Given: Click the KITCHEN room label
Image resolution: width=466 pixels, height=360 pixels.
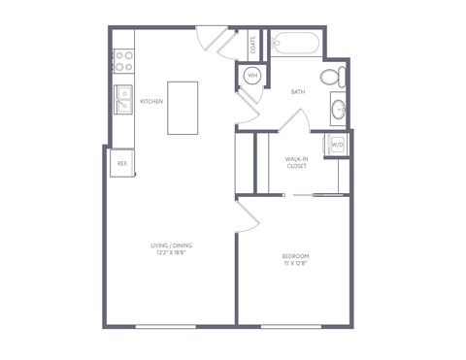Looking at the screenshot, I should (x=151, y=102).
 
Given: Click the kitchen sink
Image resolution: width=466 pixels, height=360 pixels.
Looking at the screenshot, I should (x=124, y=99).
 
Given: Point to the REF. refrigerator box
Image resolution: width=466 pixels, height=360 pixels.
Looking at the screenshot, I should (x=122, y=163).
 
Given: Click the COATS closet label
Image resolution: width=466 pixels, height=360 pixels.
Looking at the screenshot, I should (x=253, y=45).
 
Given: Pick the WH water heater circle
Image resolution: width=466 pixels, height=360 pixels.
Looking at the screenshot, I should (x=251, y=76).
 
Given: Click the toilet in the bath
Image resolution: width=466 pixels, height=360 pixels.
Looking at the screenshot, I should (x=330, y=77).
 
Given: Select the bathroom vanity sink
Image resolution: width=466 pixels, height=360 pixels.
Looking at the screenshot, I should (x=338, y=108).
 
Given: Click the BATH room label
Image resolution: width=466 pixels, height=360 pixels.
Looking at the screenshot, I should (x=298, y=92).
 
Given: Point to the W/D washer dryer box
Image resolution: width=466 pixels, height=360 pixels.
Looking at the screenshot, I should (x=336, y=145).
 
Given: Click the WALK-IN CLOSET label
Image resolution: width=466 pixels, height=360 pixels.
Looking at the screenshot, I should (x=297, y=162).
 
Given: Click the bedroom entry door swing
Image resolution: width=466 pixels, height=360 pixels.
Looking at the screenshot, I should (x=246, y=215).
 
